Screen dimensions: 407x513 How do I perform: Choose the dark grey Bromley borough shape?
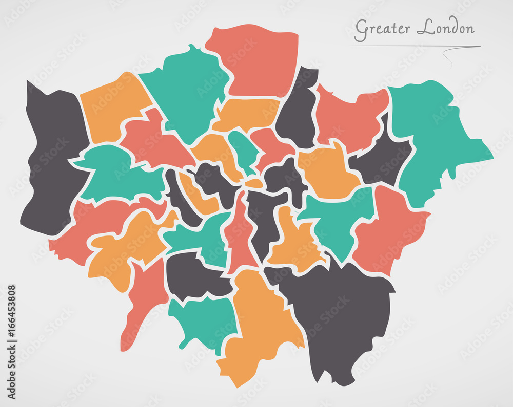click(x=344, y=317)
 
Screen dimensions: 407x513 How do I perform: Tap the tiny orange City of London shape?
click(x=254, y=182)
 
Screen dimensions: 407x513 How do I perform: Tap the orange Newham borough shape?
click(x=328, y=172)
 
